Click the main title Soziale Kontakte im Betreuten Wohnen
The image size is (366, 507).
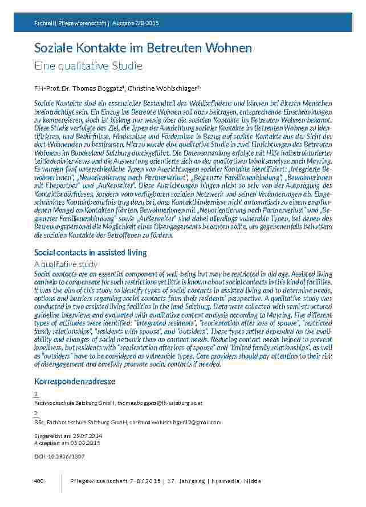tap(143, 48)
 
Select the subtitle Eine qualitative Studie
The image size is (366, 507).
tap(88, 66)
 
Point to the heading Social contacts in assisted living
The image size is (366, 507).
tap(91, 252)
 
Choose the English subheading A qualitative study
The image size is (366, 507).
tap(66, 264)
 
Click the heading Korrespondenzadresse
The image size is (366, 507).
tap(75, 380)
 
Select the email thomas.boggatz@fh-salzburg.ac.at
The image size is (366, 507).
tap(160, 403)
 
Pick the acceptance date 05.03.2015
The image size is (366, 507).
tap(83, 443)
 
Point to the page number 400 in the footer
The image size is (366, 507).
tap(39, 481)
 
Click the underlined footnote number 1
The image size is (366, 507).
tap(36, 394)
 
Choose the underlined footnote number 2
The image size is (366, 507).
tap(36, 413)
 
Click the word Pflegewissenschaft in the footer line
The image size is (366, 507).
tap(96, 481)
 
